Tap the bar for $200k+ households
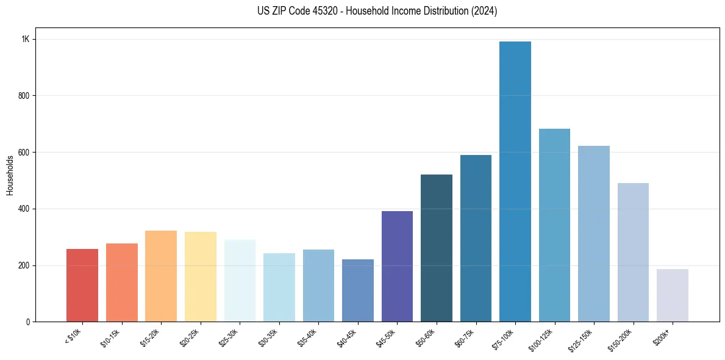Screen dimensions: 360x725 (x=672, y=295)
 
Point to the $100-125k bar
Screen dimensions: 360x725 (x=554, y=225)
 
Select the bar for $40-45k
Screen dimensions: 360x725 (x=358, y=290)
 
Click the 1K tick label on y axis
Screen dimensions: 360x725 (x=26, y=39)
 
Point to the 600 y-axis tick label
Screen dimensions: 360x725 (x=24, y=153)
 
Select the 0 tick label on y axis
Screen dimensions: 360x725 (x=28, y=322)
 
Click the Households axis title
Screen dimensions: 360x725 (x=10, y=175)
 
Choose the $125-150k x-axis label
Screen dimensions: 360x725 (x=580, y=339)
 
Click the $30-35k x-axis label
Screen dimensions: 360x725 (x=268, y=337)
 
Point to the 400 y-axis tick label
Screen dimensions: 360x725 (x=24, y=209)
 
